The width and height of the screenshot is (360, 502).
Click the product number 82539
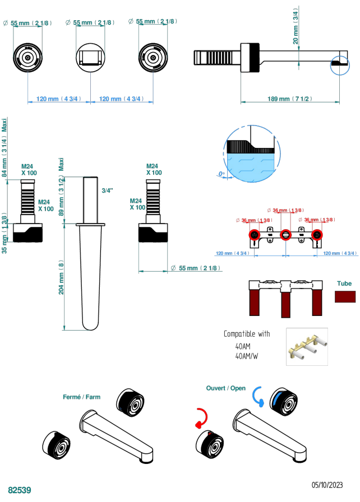pyautogui.click(x=19, y=490)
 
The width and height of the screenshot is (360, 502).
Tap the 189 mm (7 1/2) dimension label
pyautogui.click(x=290, y=99)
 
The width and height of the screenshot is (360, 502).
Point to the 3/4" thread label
pyautogui.click(x=107, y=190)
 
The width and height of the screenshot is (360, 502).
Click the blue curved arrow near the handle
pyautogui.click(x=258, y=394)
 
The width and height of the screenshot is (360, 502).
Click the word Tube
pyautogui.click(x=344, y=284)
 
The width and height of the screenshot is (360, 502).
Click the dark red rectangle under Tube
pyautogui.click(x=345, y=296)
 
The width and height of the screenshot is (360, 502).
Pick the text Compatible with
pyautogui.click(x=247, y=334)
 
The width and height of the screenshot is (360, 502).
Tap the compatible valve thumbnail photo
pyautogui.click(x=307, y=346)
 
